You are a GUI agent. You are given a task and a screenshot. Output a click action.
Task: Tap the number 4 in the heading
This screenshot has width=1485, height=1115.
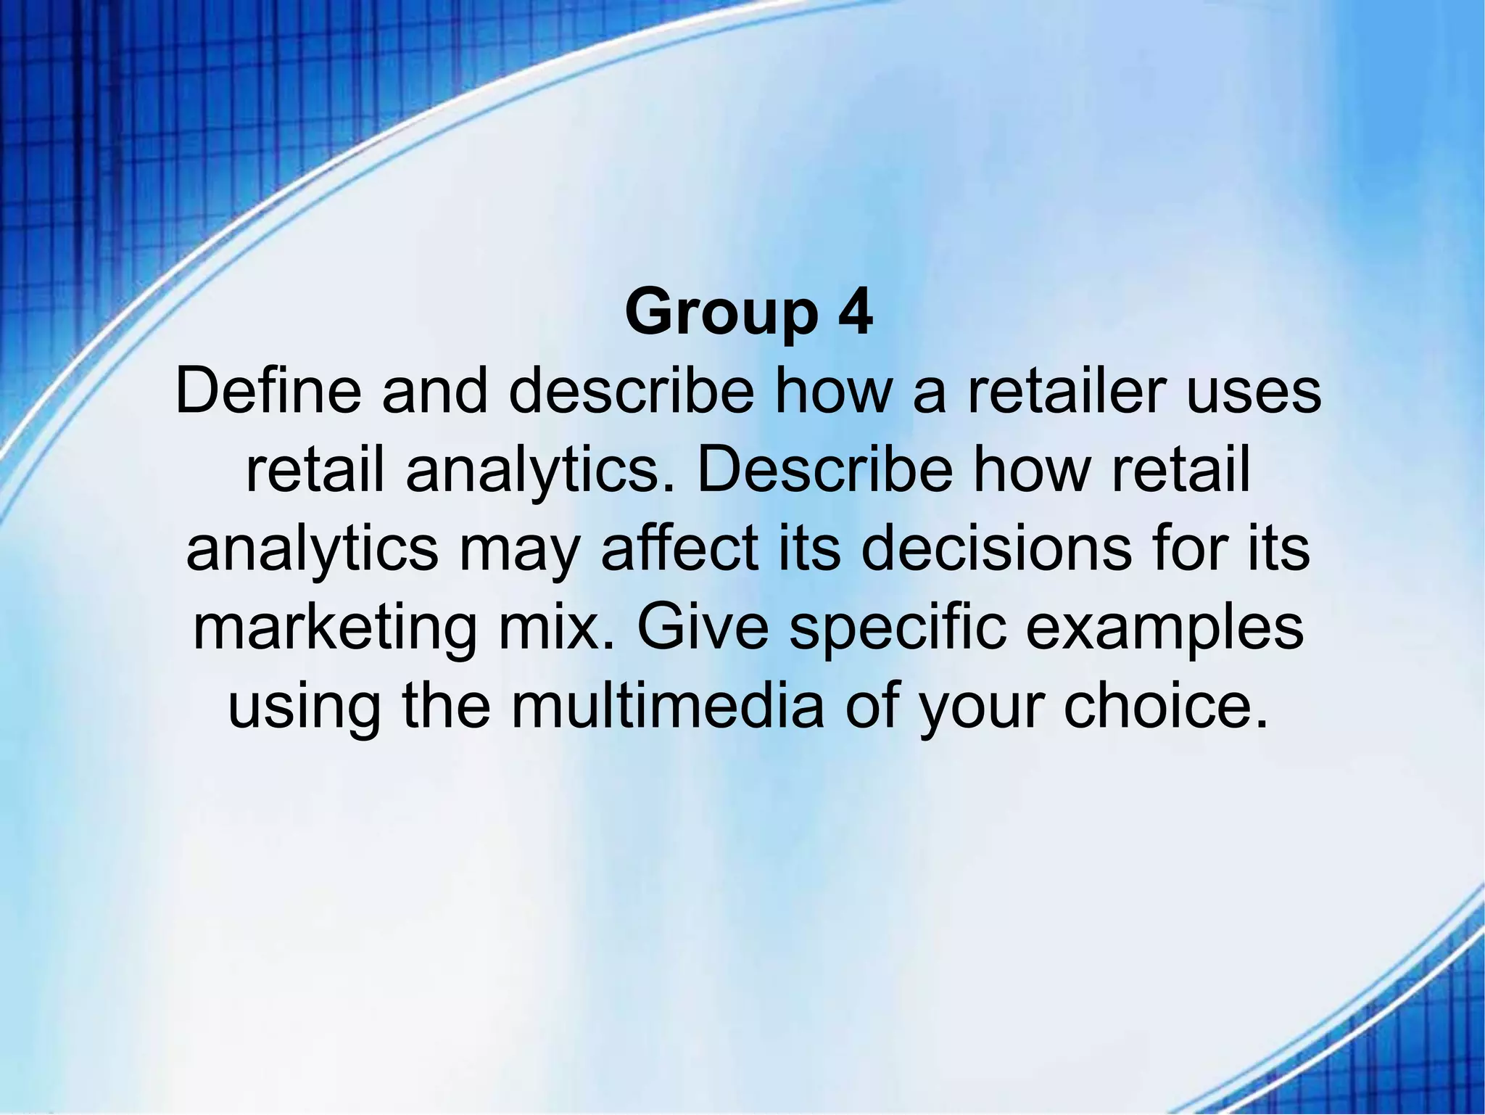pyautogui.click(x=854, y=312)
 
